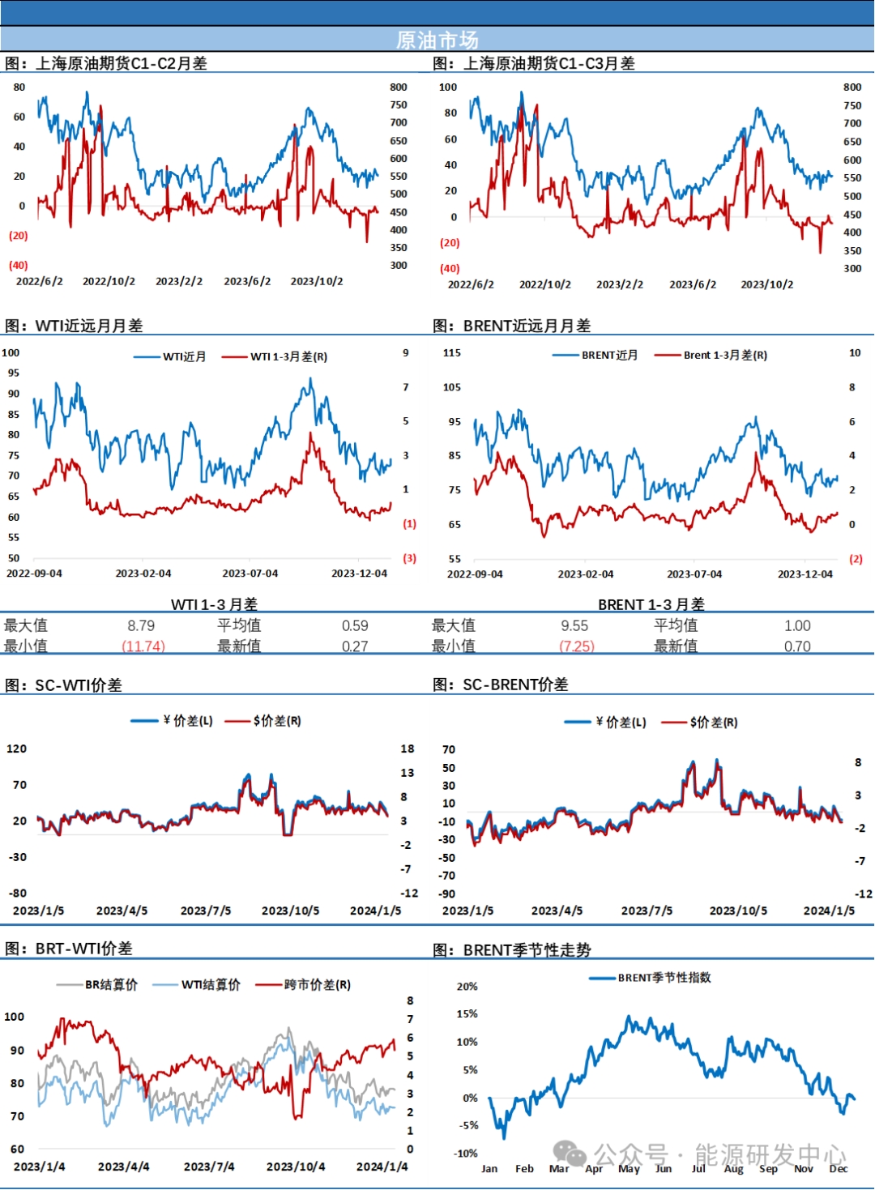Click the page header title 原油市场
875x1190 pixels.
click(x=437, y=40)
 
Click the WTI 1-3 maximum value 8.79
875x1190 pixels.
click(x=141, y=625)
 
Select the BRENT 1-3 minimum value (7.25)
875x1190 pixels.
click(x=576, y=646)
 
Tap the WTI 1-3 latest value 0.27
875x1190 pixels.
click(x=355, y=646)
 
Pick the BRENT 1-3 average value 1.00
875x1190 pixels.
click(x=797, y=625)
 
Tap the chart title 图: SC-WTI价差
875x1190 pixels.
click(x=63, y=685)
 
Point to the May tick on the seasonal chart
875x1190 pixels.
click(x=629, y=1169)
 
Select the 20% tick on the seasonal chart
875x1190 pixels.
click(x=467, y=987)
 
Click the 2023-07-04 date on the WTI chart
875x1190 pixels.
click(x=250, y=574)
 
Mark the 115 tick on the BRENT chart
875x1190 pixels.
click(x=452, y=353)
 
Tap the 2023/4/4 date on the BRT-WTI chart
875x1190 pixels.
click(x=124, y=1167)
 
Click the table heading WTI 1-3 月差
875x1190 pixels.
click(x=214, y=604)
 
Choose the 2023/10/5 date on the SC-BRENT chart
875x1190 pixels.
click(x=738, y=911)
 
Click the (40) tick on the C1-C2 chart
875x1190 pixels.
click(x=18, y=265)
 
